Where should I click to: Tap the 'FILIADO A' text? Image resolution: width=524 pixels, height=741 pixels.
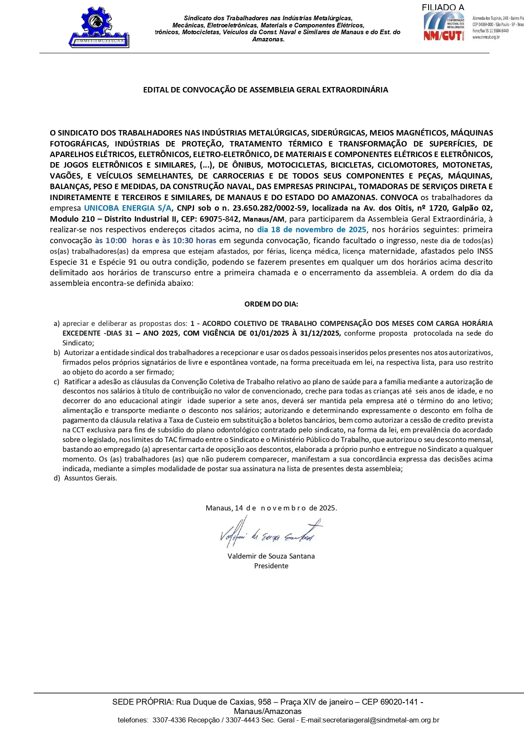[x=443, y=8]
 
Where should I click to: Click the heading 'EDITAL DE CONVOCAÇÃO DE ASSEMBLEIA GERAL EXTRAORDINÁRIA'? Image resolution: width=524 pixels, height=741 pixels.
[x=265, y=90]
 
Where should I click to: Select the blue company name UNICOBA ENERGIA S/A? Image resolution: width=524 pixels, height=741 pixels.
[x=128, y=208]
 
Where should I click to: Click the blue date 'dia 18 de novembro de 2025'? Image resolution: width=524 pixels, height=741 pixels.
[x=312, y=230]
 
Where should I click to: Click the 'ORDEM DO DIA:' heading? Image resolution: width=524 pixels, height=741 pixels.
[x=271, y=304]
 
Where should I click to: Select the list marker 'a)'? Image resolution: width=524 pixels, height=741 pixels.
[x=57, y=324]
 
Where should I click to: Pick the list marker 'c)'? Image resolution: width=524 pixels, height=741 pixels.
[x=57, y=382]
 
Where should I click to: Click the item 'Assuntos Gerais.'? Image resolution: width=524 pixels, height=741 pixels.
[x=90, y=478]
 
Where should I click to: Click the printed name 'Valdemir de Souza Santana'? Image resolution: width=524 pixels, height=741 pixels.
[x=271, y=556]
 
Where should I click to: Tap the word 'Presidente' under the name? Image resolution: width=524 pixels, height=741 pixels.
[x=271, y=566]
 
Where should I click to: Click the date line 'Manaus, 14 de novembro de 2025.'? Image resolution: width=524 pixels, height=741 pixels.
[x=271, y=508]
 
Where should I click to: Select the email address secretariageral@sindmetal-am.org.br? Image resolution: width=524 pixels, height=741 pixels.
[x=380, y=720]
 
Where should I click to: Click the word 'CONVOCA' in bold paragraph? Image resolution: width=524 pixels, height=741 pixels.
[x=399, y=198]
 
